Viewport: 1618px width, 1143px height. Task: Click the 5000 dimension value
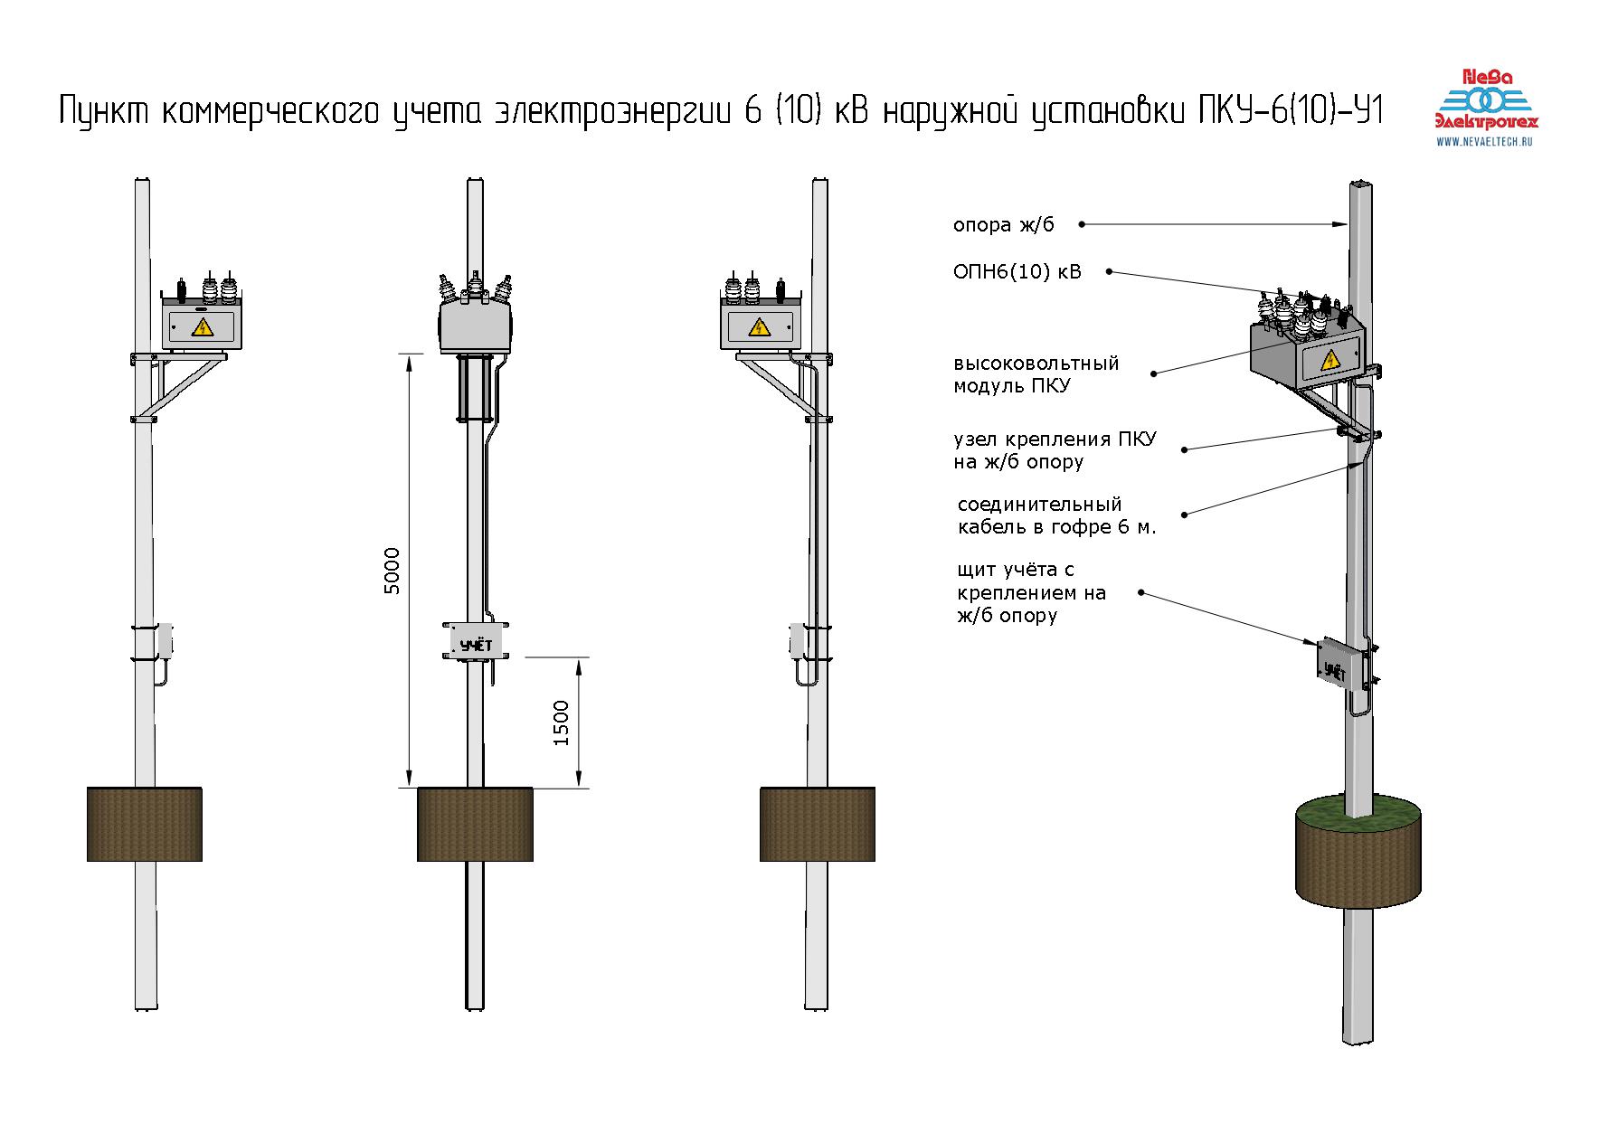tap(392, 571)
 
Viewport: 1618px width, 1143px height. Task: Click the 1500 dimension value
tap(561, 723)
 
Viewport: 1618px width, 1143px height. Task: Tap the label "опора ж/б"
tap(1003, 225)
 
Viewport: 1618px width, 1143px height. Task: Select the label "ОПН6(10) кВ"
tap(1017, 272)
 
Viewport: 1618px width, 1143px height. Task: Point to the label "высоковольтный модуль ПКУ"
tap(1036, 374)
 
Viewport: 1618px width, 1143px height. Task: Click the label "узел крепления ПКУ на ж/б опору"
tap(1054, 450)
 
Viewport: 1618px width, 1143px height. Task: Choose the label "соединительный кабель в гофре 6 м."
tap(1056, 515)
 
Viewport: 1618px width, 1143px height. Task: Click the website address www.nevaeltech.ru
tap(1488, 141)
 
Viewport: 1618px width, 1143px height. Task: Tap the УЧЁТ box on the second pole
tap(476, 644)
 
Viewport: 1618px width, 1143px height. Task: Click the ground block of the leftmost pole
tap(144, 824)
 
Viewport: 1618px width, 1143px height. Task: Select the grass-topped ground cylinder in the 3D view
tap(1358, 855)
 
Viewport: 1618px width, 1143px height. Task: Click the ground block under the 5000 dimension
tap(474, 824)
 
